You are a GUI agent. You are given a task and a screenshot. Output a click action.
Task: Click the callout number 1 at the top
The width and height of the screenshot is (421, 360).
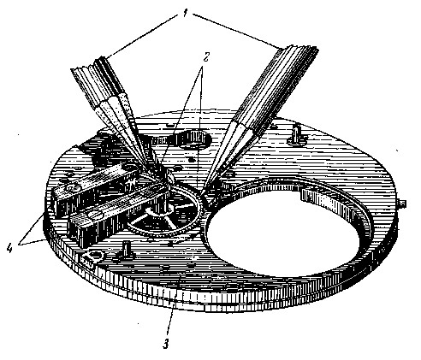(x=186, y=14)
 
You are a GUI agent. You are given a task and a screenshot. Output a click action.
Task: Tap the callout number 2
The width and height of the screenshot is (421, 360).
(x=206, y=58)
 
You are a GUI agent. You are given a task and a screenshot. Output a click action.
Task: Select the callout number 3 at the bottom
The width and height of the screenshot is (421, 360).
(x=166, y=344)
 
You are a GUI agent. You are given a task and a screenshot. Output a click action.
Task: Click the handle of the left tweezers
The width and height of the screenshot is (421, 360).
(x=101, y=86)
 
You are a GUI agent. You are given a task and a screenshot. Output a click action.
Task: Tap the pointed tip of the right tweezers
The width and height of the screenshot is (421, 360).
(x=202, y=194)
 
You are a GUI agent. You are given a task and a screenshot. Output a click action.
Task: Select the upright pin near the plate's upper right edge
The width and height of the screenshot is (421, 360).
(x=297, y=134)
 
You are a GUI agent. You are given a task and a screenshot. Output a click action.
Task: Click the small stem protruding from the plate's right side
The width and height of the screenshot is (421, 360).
(x=402, y=204)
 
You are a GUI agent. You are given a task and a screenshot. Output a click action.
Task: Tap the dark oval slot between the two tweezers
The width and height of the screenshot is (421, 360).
(x=195, y=139)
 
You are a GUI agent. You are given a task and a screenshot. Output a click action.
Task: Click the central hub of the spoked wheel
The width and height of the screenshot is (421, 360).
(x=161, y=212)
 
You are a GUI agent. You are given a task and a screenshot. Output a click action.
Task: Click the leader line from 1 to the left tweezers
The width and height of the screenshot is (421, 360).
(x=143, y=37)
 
